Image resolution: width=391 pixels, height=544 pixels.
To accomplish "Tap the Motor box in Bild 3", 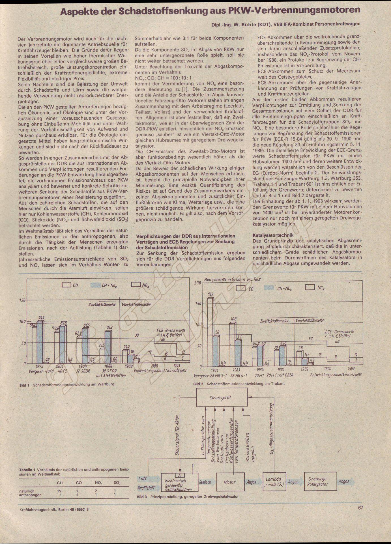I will (x=229, y=482).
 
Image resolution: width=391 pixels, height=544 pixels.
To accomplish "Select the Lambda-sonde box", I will (x=274, y=482).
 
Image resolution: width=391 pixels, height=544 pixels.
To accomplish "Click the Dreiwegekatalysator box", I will (x=320, y=481).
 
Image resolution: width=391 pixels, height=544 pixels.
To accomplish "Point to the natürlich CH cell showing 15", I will (x=59, y=491).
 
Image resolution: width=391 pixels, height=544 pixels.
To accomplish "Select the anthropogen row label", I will (x=30, y=495).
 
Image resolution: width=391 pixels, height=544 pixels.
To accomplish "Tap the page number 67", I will (x=360, y=508).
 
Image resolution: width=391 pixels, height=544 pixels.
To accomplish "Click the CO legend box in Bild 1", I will (x=66, y=285).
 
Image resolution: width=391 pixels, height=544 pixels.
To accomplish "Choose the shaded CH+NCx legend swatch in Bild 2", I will (x=269, y=288).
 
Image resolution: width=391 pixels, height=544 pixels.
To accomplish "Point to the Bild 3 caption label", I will (x=142, y=496).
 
